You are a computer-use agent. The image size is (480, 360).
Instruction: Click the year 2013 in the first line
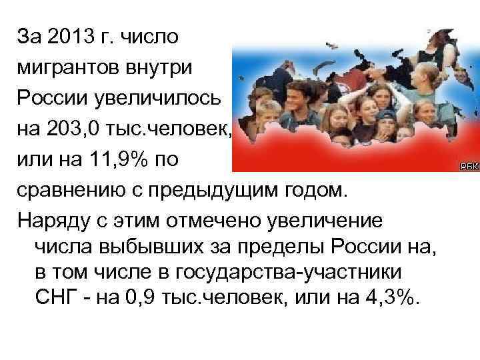tap(68, 36)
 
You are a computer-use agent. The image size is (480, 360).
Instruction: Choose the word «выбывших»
tap(150, 249)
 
